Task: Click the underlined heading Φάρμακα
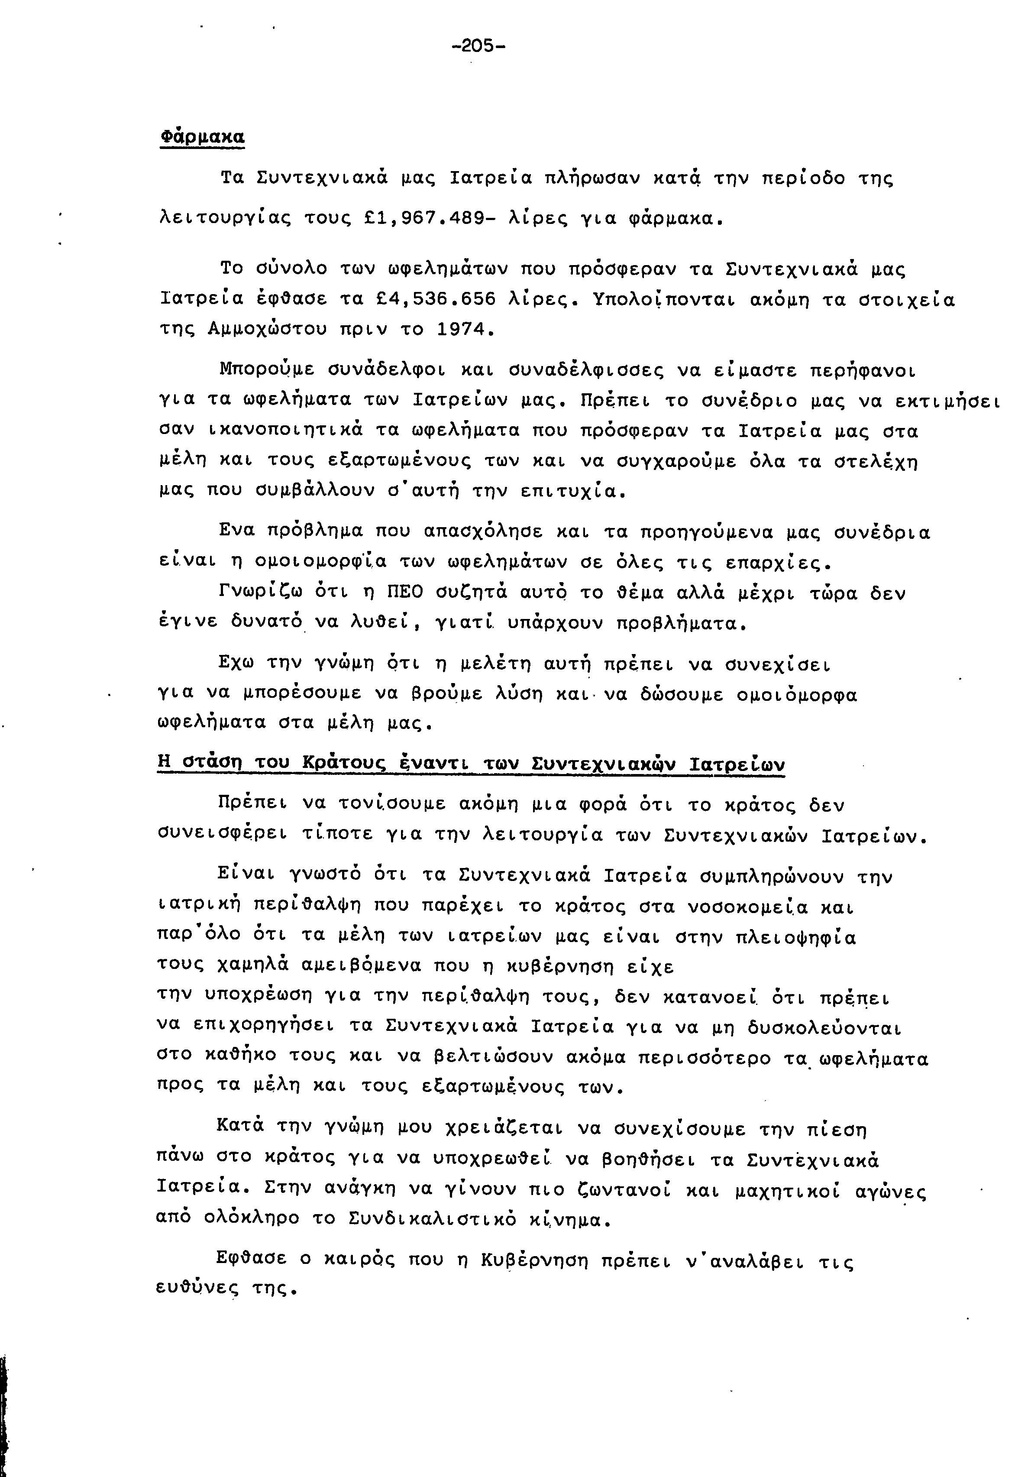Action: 202,137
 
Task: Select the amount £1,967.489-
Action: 430,219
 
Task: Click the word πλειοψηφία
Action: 795,937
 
